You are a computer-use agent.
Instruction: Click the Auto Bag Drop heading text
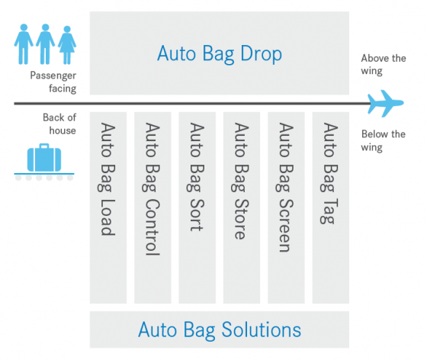(x=220, y=53)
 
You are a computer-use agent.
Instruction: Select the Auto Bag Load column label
(x=108, y=179)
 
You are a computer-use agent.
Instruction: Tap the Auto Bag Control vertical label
(x=152, y=189)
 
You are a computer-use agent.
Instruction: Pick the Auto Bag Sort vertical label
(x=197, y=177)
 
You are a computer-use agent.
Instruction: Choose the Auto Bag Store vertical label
(x=242, y=181)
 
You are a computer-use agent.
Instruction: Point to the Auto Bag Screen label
(x=286, y=188)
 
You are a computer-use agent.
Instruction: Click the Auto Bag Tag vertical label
(x=330, y=173)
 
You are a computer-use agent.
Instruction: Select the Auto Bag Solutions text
(x=220, y=330)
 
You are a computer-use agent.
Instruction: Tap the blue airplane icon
(x=386, y=104)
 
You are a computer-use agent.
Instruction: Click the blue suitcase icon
(x=44, y=158)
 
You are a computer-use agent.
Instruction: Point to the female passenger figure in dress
(x=67, y=45)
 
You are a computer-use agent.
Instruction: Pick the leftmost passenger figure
(x=24, y=44)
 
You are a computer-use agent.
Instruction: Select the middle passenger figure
(x=45, y=44)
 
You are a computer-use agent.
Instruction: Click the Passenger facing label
(x=53, y=82)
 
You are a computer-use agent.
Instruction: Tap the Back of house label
(x=59, y=124)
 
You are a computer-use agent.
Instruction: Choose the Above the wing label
(x=384, y=65)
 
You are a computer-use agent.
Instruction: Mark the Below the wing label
(x=383, y=141)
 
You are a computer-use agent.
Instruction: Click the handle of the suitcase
(x=44, y=146)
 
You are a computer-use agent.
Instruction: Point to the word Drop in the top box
(x=261, y=54)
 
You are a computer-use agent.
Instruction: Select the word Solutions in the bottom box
(x=262, y=329)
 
